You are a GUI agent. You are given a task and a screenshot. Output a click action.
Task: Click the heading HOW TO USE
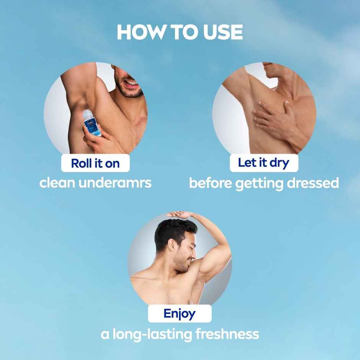click(x=180, y=32)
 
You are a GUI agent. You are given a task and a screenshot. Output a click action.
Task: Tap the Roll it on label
click(x=95, y=163)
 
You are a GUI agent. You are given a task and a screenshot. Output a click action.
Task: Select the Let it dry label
click(x=263, y=162)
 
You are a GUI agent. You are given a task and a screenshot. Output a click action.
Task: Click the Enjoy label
click(x=180, y=314)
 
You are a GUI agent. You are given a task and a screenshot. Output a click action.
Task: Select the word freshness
click(x=227, y=334)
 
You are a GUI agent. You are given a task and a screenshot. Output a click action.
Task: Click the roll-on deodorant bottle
click(x=92, y=123)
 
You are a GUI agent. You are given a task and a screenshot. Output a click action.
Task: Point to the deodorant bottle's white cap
click(x=88, y=114)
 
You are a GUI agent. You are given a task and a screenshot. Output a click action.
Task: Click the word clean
click(x=57, y=183)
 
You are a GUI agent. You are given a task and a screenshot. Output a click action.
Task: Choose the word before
click(x=210, y=183)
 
